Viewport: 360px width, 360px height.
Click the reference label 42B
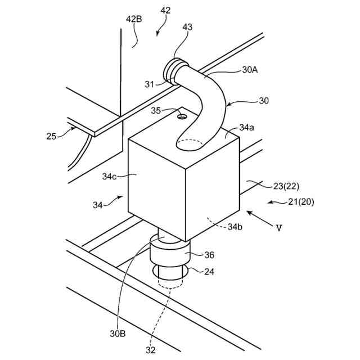click(x=133, y=20)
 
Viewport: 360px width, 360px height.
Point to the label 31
click(x=148, y=84)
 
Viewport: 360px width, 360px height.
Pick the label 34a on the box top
click(x=246, y=128)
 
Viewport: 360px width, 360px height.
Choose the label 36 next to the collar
click(x=209, y=255)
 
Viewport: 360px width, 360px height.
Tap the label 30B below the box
click(x=118, y=334)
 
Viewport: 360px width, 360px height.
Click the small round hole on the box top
click(x=182, y=116)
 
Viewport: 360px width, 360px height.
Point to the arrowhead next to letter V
click(x=249, y=214)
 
